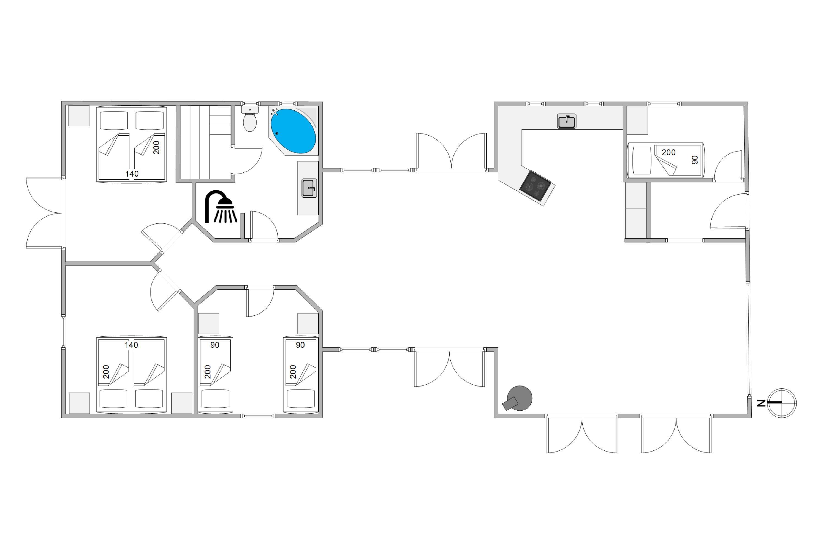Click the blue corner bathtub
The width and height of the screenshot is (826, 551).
294,131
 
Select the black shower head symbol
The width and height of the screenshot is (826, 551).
221,207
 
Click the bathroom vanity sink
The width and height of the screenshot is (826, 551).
309,188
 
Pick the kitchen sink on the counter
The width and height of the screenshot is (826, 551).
566,121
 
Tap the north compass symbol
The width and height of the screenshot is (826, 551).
782,403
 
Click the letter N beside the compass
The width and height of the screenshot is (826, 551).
761,403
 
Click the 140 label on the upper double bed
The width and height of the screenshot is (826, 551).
132,174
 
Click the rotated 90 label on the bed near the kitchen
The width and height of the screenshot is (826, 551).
695,160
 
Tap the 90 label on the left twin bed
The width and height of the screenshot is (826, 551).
215,345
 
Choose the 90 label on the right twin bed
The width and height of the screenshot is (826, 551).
300,345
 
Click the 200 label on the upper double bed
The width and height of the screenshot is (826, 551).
157,148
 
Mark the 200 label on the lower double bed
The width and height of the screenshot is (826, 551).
106,372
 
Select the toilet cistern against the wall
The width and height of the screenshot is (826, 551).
250,109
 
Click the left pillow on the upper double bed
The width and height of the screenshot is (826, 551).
114,121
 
